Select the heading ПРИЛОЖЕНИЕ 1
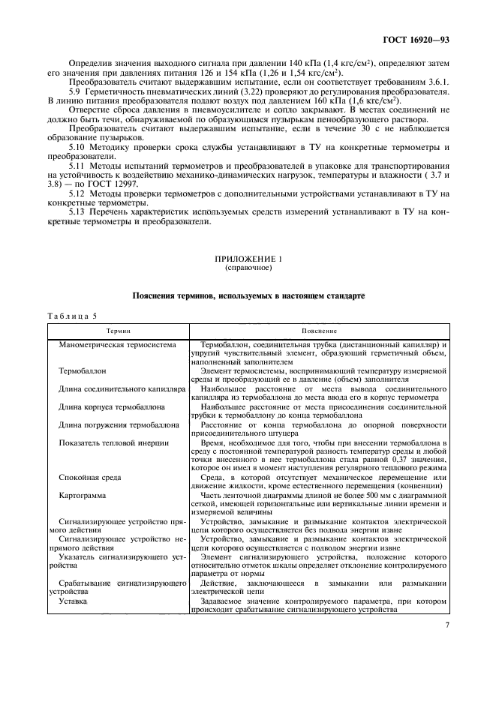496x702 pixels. [248, 259]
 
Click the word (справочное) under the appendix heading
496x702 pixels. [248, 267]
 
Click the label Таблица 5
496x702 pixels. [74, 316]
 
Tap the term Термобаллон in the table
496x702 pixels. [83, 370]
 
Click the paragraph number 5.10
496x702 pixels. [77, 148]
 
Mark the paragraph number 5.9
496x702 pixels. [74, 91]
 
